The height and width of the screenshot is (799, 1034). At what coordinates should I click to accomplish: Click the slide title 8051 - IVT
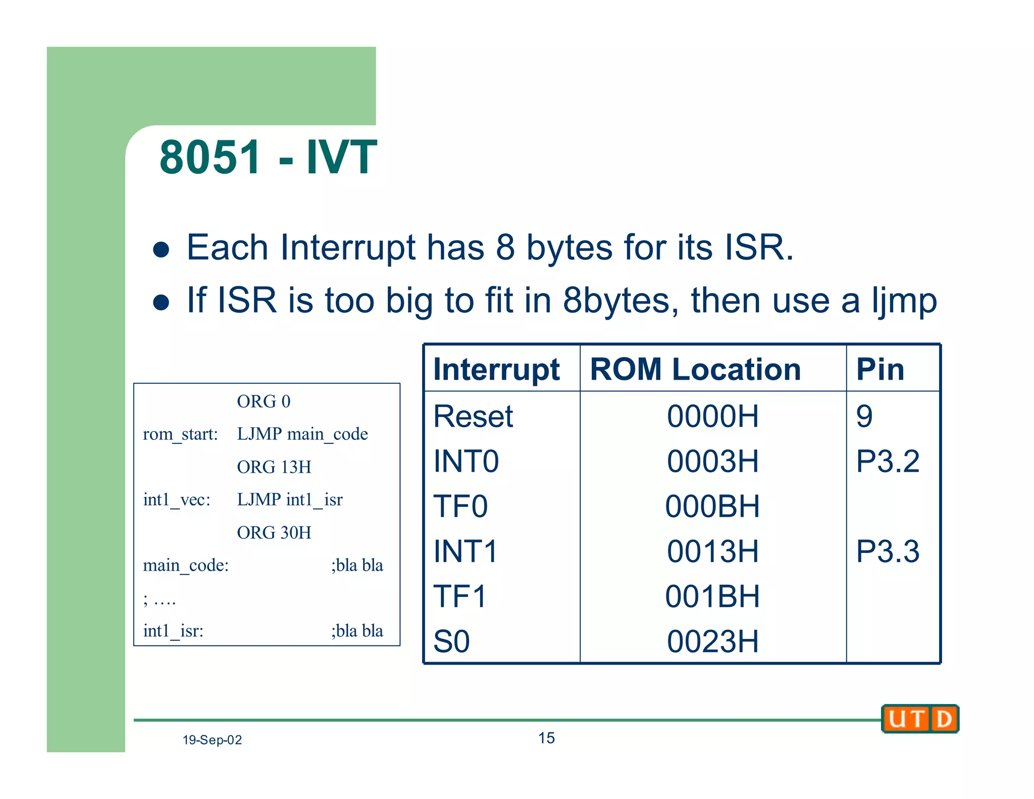[x=268, y=157]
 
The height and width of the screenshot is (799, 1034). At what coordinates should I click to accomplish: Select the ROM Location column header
[x=695, y=369]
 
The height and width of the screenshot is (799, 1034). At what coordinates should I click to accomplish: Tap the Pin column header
[x=880, y=369]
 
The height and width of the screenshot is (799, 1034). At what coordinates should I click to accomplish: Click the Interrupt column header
[x=496, y=369]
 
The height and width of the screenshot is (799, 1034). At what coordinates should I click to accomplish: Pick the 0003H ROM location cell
[x=712, y=461]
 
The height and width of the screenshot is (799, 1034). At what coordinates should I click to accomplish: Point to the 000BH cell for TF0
[x=712, y=506]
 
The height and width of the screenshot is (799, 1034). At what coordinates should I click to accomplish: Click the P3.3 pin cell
[x=888, y=551]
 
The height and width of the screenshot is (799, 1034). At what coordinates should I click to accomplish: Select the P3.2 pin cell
[x=888, y=461]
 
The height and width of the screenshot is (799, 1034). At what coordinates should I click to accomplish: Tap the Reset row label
[x=473, y=417]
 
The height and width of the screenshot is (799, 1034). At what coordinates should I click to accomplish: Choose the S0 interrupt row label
[x=451, y=641]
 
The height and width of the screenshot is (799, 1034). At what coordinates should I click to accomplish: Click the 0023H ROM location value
[x=712, y=641]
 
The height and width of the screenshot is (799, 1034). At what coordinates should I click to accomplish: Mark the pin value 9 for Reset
[x=864, y=417]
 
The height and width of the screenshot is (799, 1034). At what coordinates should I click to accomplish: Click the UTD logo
[x=920, y=719]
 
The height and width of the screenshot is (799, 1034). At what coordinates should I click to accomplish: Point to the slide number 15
[x=546, y=738]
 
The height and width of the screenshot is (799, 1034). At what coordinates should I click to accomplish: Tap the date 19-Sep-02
[x=212, y=740]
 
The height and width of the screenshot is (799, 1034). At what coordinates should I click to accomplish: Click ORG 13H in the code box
[x=274, y=467]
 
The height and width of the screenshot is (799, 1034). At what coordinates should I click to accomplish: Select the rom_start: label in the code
[x=180, y=434]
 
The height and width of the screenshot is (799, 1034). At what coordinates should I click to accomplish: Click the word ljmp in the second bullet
[x=904, y=301]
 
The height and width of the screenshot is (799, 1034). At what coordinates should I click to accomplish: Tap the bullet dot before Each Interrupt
[x=161, y=249]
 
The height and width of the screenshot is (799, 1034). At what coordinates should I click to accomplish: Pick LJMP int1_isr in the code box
[x=290, y=500]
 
